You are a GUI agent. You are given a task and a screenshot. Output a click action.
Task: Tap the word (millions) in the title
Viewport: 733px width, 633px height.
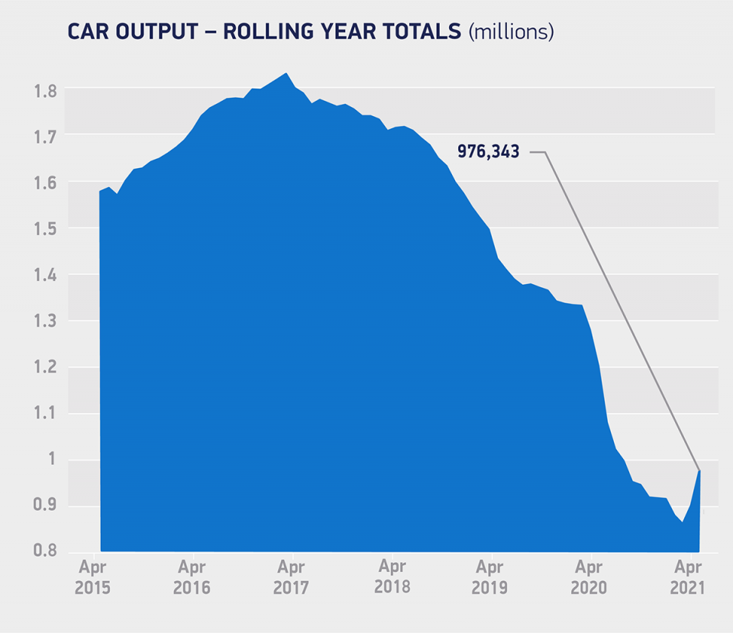(511, 31)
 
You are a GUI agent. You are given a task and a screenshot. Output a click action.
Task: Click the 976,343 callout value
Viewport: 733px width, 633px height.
(488, 151)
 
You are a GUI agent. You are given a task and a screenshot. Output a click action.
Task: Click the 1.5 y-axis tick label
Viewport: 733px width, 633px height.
(45, 230)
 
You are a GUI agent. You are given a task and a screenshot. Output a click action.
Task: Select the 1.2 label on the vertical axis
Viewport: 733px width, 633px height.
(45, 369)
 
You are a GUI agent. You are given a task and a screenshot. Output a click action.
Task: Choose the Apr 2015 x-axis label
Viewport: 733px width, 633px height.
(94, 577)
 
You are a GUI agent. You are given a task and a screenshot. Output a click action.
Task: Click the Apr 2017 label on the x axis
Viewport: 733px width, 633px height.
(291, 577)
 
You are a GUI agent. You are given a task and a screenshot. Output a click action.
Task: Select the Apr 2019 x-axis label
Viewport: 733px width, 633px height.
(492, 577)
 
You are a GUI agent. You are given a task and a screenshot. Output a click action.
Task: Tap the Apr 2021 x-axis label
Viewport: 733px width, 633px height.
(689, 577)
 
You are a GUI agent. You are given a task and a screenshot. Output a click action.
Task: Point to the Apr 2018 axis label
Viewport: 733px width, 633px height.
(392, 577)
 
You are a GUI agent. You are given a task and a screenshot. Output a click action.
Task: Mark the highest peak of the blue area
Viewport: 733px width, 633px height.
(286, 74)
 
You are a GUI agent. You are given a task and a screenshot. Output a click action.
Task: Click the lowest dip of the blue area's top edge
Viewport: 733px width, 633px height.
(683, 522)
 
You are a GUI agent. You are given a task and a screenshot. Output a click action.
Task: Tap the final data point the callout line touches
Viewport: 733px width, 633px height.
(699, 470)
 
